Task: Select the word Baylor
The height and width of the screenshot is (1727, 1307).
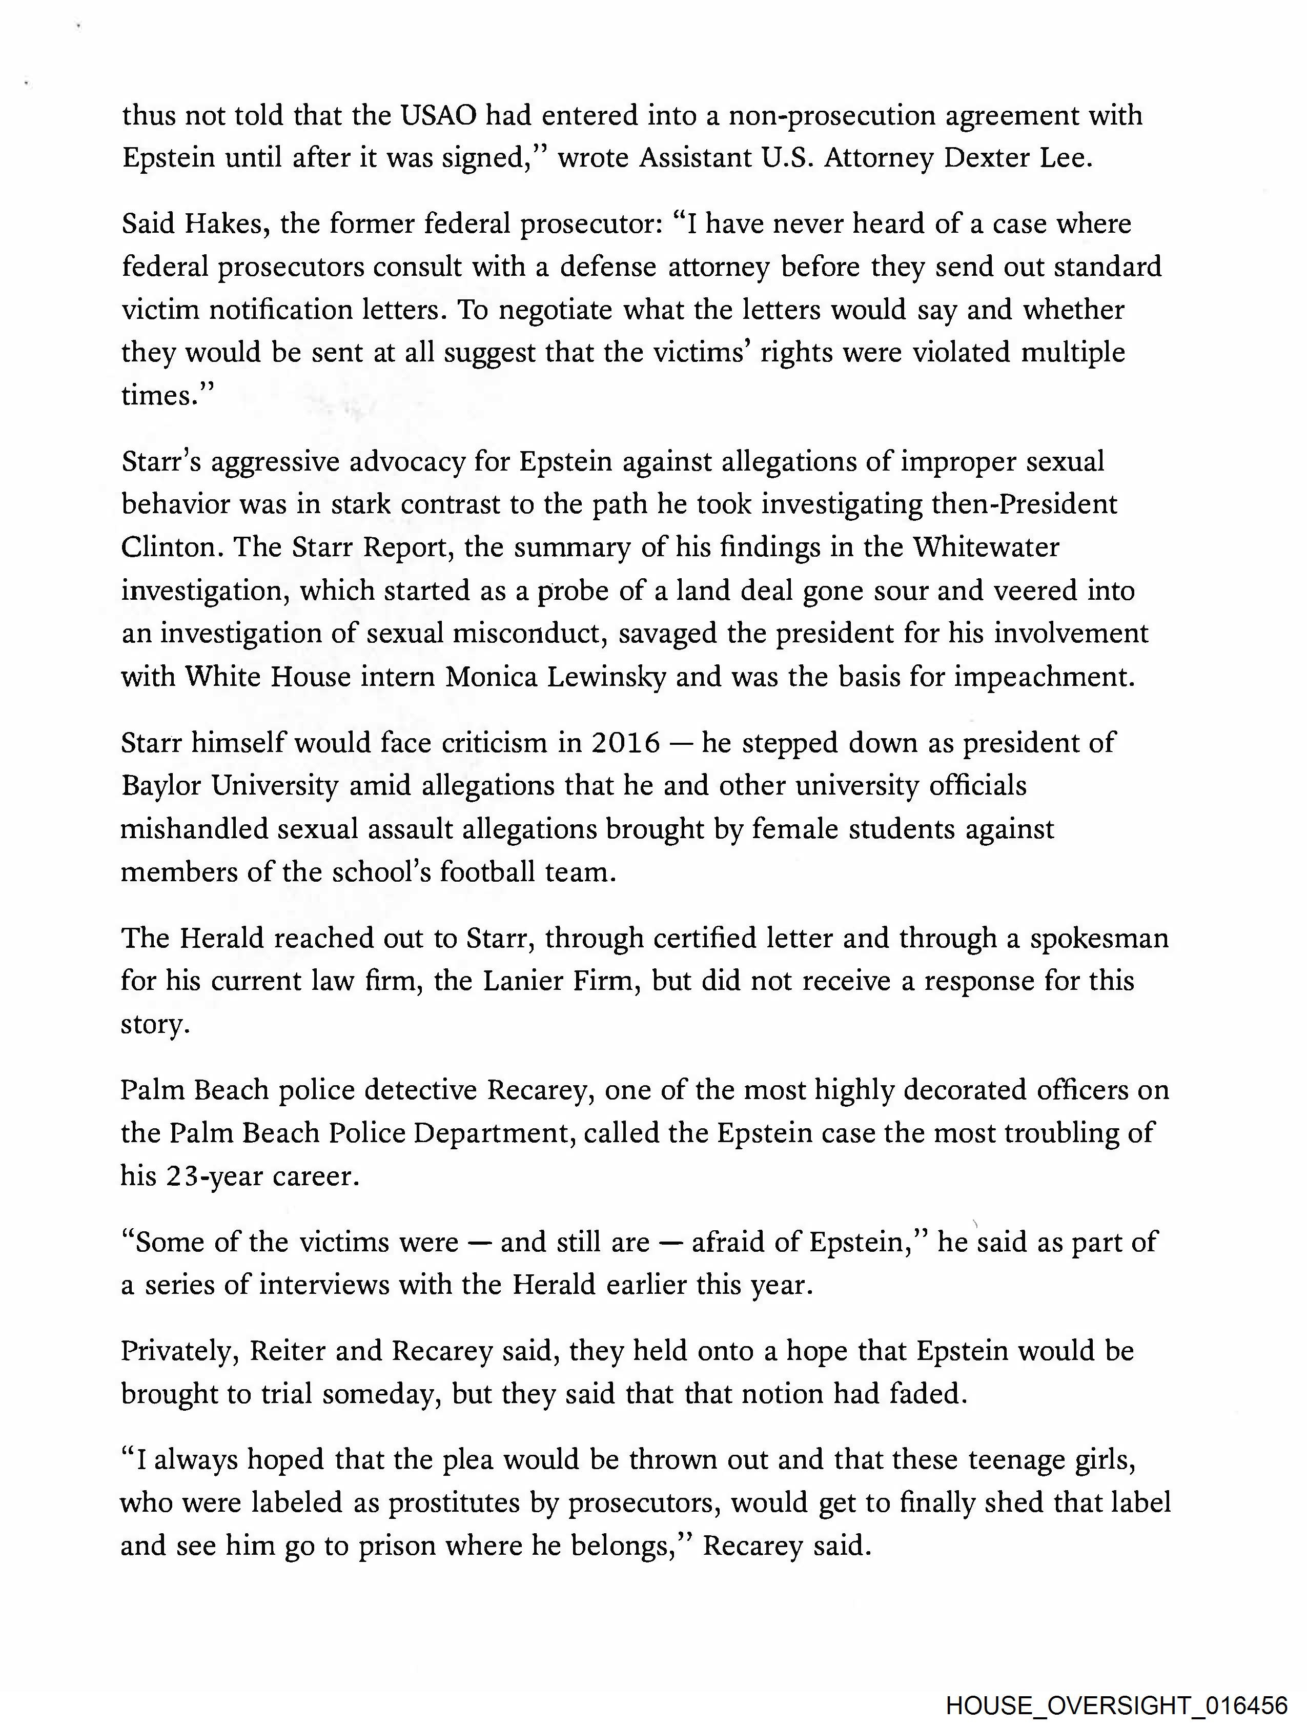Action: [161, 785]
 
